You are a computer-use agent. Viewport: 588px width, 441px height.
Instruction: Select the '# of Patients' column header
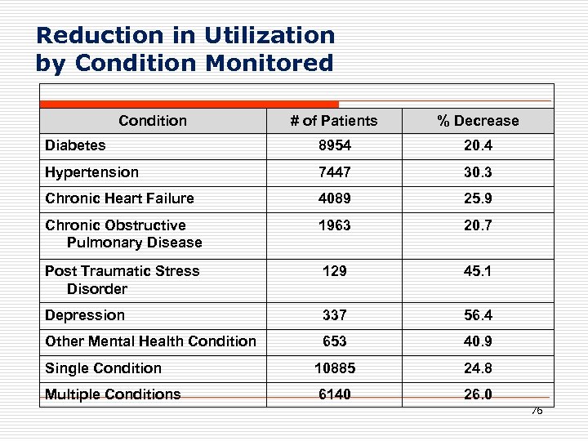coord(334,121)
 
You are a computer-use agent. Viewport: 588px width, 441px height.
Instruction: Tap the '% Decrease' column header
coord(478,121)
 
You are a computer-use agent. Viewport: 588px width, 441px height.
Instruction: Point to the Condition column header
coord(153,121)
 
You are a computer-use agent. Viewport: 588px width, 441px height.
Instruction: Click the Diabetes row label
coord(75,145)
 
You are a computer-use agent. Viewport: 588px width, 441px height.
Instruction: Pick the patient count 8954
coord(334,145)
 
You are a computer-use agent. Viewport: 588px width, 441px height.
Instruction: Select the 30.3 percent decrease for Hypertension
coord(478,172)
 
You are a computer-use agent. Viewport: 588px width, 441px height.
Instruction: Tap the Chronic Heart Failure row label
coord(119,198)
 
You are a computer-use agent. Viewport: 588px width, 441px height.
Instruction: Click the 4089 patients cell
coord(334,198)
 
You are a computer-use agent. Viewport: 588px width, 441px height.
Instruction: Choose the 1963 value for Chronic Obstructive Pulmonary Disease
coord(334,225)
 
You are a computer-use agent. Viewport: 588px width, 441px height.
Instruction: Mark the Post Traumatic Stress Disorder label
coord(122,279)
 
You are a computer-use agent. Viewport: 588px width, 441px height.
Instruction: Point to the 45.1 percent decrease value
coord(478,270)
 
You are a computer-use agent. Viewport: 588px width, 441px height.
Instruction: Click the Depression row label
coord(85,315)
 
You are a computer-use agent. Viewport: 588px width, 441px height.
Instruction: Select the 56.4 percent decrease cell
coord(478,315)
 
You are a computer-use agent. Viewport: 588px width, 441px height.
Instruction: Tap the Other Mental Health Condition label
coord(150,341)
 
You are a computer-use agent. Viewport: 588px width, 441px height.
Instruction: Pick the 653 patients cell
coord(334,341)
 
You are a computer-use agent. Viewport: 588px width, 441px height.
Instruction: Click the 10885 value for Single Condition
coord(334,368)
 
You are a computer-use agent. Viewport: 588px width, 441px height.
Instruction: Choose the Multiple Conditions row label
coord(113,394)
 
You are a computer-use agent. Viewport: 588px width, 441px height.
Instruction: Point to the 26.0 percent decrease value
coord(478,394)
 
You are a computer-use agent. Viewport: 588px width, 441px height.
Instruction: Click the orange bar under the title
coord(189,104)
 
